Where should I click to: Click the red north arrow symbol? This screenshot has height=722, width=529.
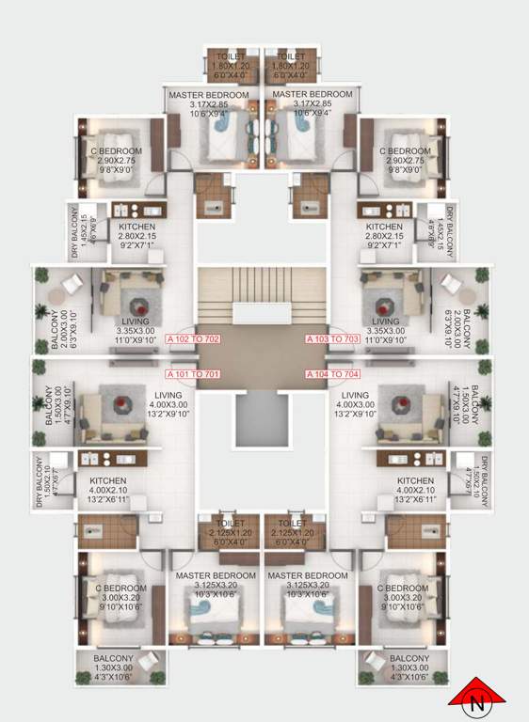[478, 699]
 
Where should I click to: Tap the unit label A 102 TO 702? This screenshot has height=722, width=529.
[193, 338]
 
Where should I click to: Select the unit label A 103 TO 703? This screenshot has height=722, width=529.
[331, 338]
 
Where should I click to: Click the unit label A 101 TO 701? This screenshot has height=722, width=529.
[192, 373]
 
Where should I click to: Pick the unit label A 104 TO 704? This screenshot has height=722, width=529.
[331, 373]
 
